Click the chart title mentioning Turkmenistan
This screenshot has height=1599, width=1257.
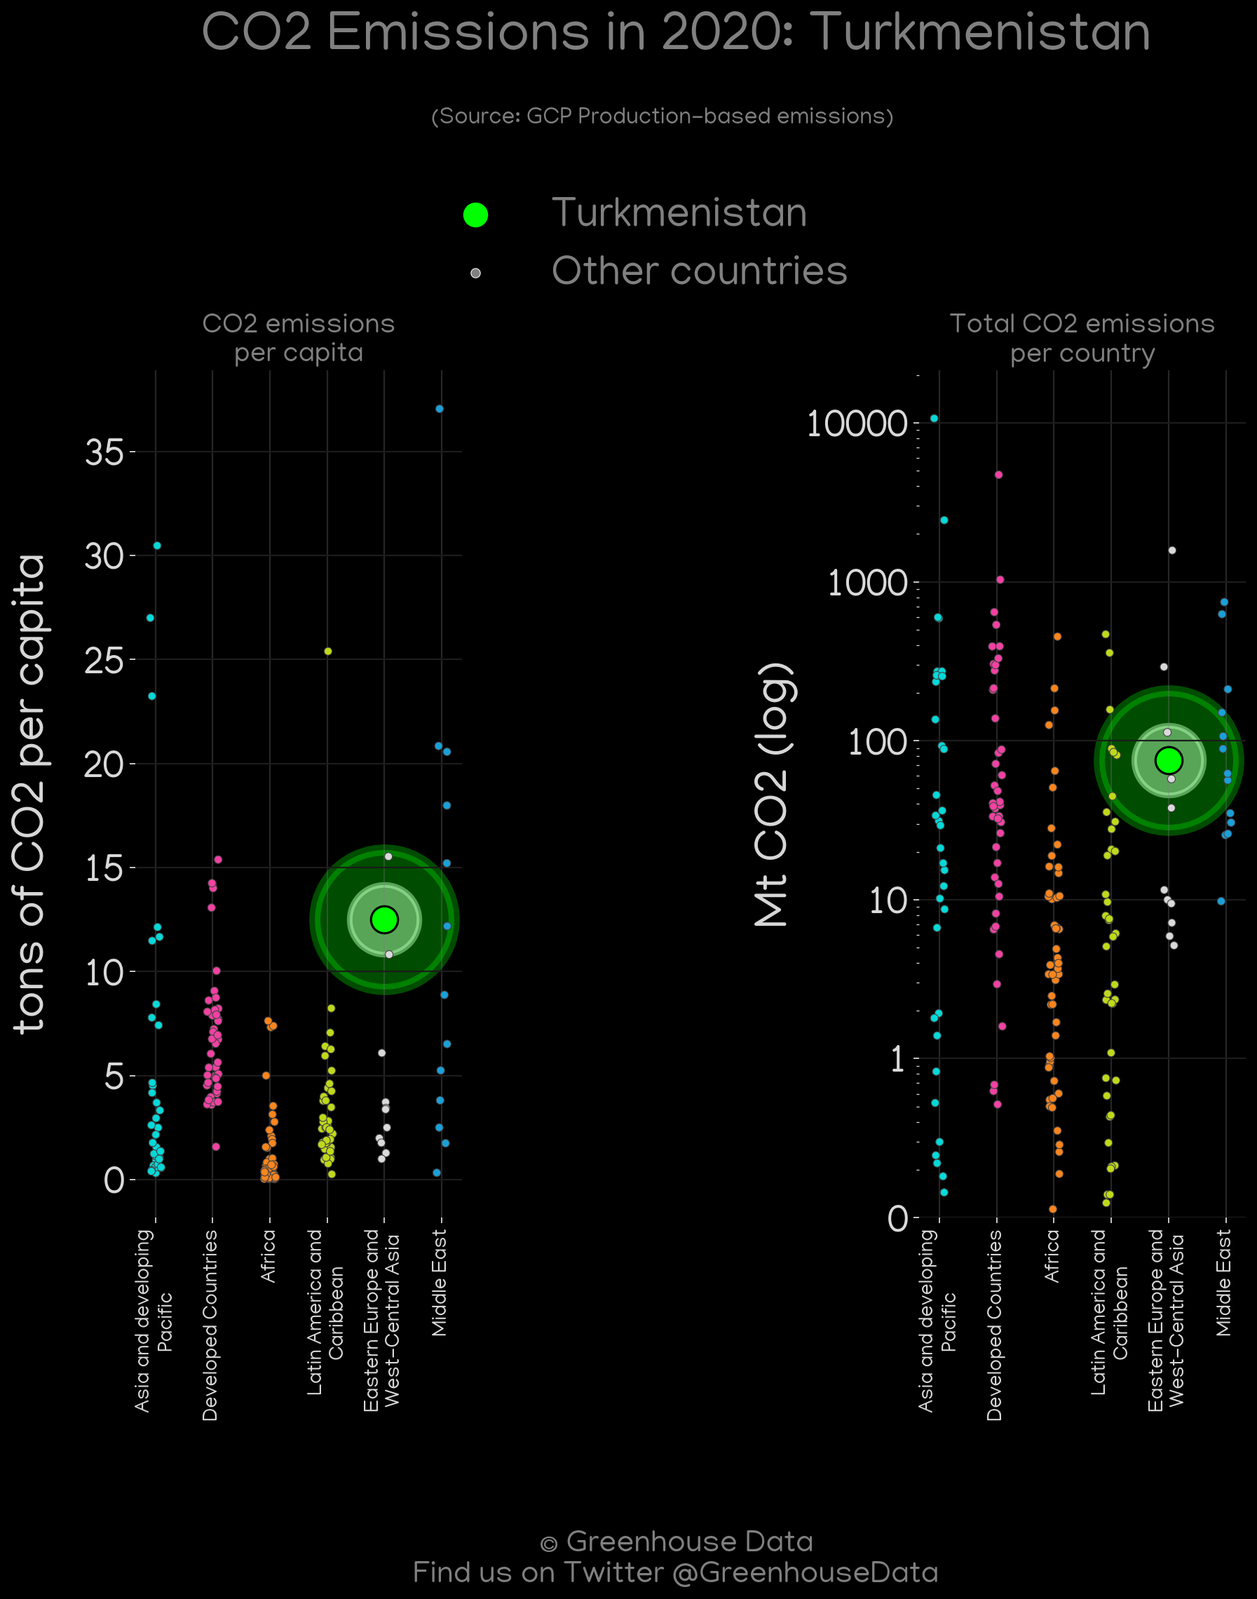tap(676, 32)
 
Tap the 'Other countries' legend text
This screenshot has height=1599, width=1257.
tap(699, 271)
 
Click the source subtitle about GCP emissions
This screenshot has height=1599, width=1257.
tap(662, 116)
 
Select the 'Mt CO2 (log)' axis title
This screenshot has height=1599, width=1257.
tap(774, 795)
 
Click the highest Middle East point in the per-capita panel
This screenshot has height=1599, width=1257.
tap(440, 409)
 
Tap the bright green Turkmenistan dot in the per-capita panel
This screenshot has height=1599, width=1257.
tap(384, 919)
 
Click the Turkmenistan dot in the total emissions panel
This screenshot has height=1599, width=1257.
tap(1169, 760)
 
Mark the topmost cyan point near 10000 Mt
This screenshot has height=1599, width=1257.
tap(935, 418)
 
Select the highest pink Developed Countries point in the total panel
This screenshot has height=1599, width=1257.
tap(999, 475)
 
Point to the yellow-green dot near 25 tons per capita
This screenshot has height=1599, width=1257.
tap(328, 652)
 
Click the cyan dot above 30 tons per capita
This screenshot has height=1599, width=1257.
tap(157, 546)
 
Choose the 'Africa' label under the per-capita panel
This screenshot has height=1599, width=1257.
tap(269, 1255)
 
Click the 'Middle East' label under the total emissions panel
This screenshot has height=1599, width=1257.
tap(1223, 1283)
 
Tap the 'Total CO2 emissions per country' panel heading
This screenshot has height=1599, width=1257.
tap(1082, 339)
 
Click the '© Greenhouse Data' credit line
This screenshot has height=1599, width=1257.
tap(677, 1541)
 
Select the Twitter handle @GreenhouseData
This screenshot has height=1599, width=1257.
tap(805, 1572)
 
